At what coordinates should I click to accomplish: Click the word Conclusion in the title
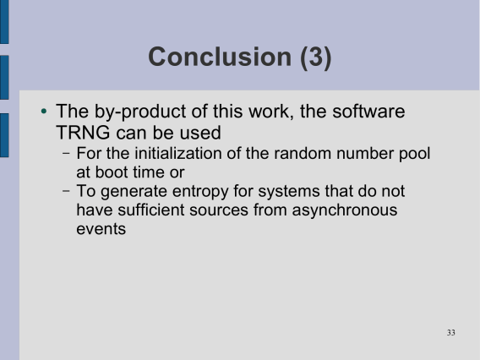point(220,57)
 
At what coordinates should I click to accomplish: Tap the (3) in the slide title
point(315,57)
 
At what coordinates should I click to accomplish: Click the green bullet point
point(44,111)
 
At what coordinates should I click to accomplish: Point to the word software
point(368,111)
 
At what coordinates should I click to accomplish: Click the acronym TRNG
point(83,133)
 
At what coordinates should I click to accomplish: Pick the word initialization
point(178,153)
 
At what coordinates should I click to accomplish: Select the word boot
point(108,172)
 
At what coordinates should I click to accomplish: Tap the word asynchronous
point(345,211)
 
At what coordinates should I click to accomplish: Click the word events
point(101,229)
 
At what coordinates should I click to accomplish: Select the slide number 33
point(451,332)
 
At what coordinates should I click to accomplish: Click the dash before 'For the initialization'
point(66,153)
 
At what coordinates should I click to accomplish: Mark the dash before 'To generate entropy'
point(66,191)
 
